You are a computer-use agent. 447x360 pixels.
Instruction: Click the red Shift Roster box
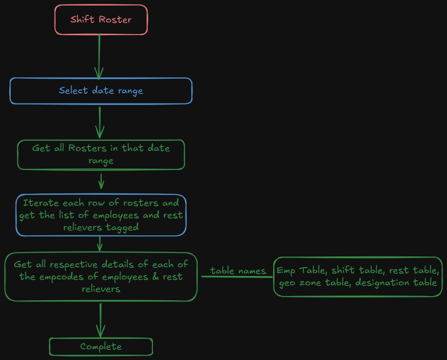tap(101, 20)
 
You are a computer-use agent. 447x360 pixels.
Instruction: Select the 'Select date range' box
tap(101, 91)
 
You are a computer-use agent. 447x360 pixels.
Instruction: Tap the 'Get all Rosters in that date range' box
tap(101, 154)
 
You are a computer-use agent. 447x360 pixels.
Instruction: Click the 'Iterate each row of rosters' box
tap(101, 215)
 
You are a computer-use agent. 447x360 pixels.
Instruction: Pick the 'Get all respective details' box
tap(101, 276)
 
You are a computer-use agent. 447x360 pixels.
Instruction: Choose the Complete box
tap(101, 347)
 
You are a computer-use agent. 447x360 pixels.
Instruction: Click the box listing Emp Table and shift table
tap(358, 276)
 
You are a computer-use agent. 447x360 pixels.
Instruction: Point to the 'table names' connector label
tap(238, 271)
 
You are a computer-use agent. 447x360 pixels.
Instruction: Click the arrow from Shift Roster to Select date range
tap(99, 56)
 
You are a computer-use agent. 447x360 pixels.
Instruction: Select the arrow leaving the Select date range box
tap(100, 122)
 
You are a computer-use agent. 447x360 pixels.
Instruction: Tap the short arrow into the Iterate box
tap(101, 181)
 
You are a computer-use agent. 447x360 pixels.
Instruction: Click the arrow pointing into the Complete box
tap(100, 320)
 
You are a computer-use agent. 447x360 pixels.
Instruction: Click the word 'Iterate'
tap(41, 203)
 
